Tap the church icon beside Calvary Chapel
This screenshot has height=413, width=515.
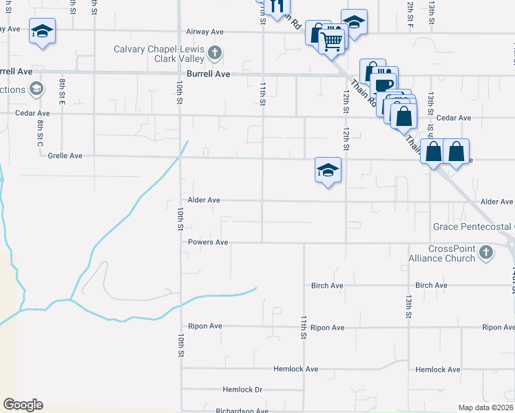pos(215,52)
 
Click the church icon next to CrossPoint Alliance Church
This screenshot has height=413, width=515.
pos(486,253)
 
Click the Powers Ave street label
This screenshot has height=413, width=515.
pos(208,242)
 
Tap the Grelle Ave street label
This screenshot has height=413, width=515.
pos(65,156)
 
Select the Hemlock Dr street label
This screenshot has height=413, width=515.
pos(242,390)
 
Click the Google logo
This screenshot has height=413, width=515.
pos(23,405)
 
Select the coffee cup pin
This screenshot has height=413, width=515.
pos(384,85)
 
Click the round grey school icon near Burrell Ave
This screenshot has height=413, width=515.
pos(36,89)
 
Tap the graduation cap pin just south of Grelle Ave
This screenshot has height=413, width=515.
pos(328,170)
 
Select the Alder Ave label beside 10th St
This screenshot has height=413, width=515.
pos(204,200)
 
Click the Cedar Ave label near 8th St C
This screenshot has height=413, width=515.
pos(33,114)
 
